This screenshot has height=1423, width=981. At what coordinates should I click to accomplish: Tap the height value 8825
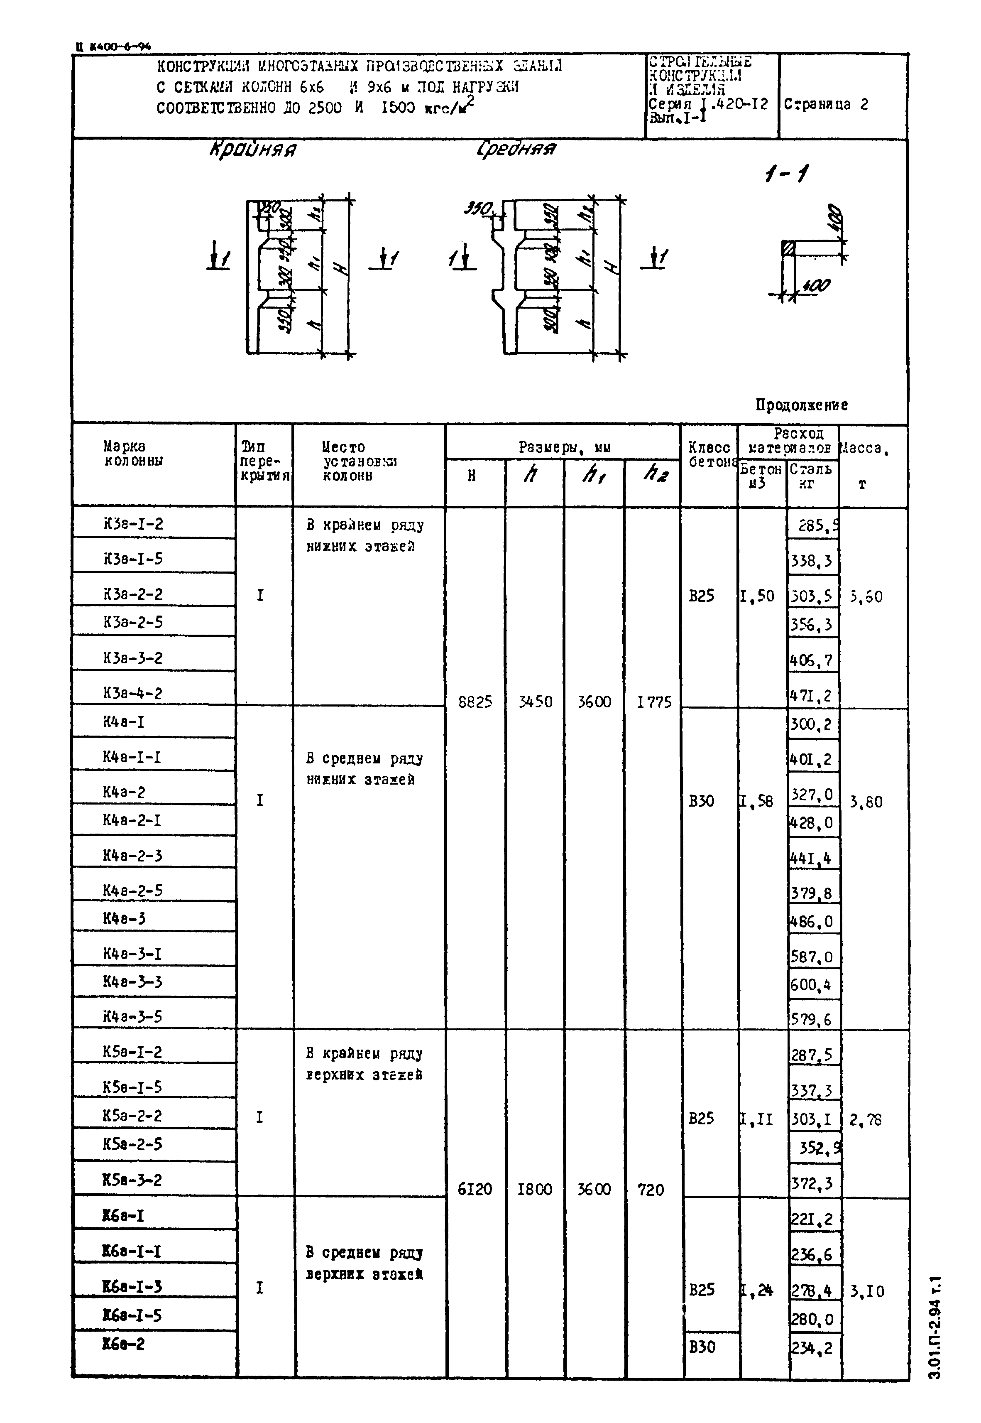pos(475,702)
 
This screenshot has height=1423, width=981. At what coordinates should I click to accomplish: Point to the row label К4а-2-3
pos(132,855)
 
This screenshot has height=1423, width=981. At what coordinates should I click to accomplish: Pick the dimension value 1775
pos(654,702)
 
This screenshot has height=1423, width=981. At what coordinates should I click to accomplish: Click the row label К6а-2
pos(124,1344)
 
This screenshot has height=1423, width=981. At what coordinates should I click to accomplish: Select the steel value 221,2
pos(811,1218)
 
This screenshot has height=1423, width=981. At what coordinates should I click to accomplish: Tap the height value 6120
pos(475,1189)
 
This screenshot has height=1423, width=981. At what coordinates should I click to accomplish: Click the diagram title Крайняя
pos(253,150)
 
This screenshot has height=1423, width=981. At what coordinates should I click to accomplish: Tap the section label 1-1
pos(787,175)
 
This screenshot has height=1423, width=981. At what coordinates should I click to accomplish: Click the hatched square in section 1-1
pos(788,248)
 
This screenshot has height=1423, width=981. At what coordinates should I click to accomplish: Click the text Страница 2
pos(825,105)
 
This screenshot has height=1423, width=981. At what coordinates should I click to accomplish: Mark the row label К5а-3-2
pos(132,1180)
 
